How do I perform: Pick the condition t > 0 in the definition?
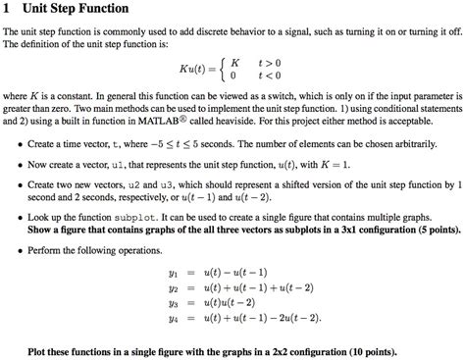[x=265, y=61]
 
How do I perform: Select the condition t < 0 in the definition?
[x=265, y=76]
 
